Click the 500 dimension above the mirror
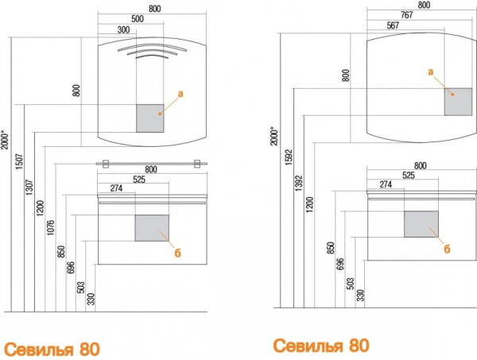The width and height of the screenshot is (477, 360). tap(138, 19)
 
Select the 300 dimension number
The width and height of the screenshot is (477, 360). tap(123, 29)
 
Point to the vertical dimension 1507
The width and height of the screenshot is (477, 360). tap(19, 161)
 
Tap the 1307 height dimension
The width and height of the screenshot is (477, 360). tap(29, 187)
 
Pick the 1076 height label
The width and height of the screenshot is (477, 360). tap(51, 227)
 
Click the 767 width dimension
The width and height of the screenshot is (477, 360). tap(407, 15)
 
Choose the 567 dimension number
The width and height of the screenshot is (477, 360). tap(393, 25)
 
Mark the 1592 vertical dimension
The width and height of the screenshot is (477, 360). tap(289, 157)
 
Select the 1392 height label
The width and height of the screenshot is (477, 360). tap(299, 183)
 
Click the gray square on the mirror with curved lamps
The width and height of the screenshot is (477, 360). tap(150, 118)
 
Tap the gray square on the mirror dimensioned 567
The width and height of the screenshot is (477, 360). tap(458, 102)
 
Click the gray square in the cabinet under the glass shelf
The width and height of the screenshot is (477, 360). tap(152, 228)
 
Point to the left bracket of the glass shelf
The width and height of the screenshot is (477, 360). tap(106, 164)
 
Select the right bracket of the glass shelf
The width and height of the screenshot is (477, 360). tap(197, 164)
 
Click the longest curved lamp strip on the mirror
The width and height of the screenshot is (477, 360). tap(152, 45)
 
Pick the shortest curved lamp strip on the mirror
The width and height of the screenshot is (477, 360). tap(152, 55)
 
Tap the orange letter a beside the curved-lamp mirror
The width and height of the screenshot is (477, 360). tap(180, 94)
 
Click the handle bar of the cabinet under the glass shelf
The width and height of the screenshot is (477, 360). tap(152, 203)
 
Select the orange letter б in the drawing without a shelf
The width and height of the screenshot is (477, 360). tap(447, 249)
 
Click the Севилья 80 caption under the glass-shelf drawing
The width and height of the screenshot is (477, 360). tap(52, 350)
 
